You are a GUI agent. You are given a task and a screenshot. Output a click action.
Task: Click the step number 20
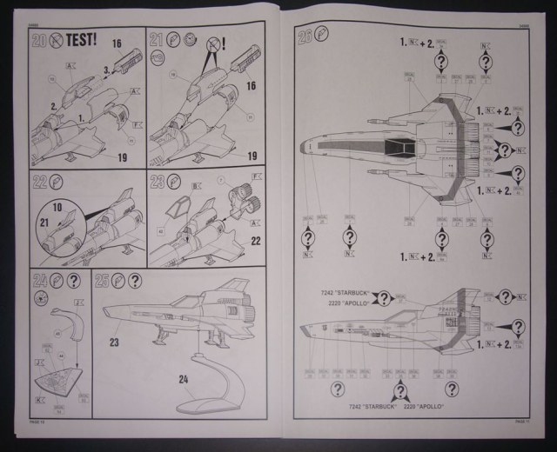(x=38, y=40)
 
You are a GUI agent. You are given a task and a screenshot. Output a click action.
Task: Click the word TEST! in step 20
(x=90, y=39)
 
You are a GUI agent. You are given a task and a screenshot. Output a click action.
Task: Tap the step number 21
(x=157, y=40)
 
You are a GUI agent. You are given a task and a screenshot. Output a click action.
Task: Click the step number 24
(x=39, y=281)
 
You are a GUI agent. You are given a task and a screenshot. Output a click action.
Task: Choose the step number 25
(x=101, y=281)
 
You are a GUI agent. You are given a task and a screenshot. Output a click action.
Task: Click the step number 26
(x=305, y=37)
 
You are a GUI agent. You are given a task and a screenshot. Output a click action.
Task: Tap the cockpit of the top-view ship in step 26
(x=396, y=140)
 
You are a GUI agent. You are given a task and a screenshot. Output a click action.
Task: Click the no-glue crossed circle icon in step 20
(x=56, y=39)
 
